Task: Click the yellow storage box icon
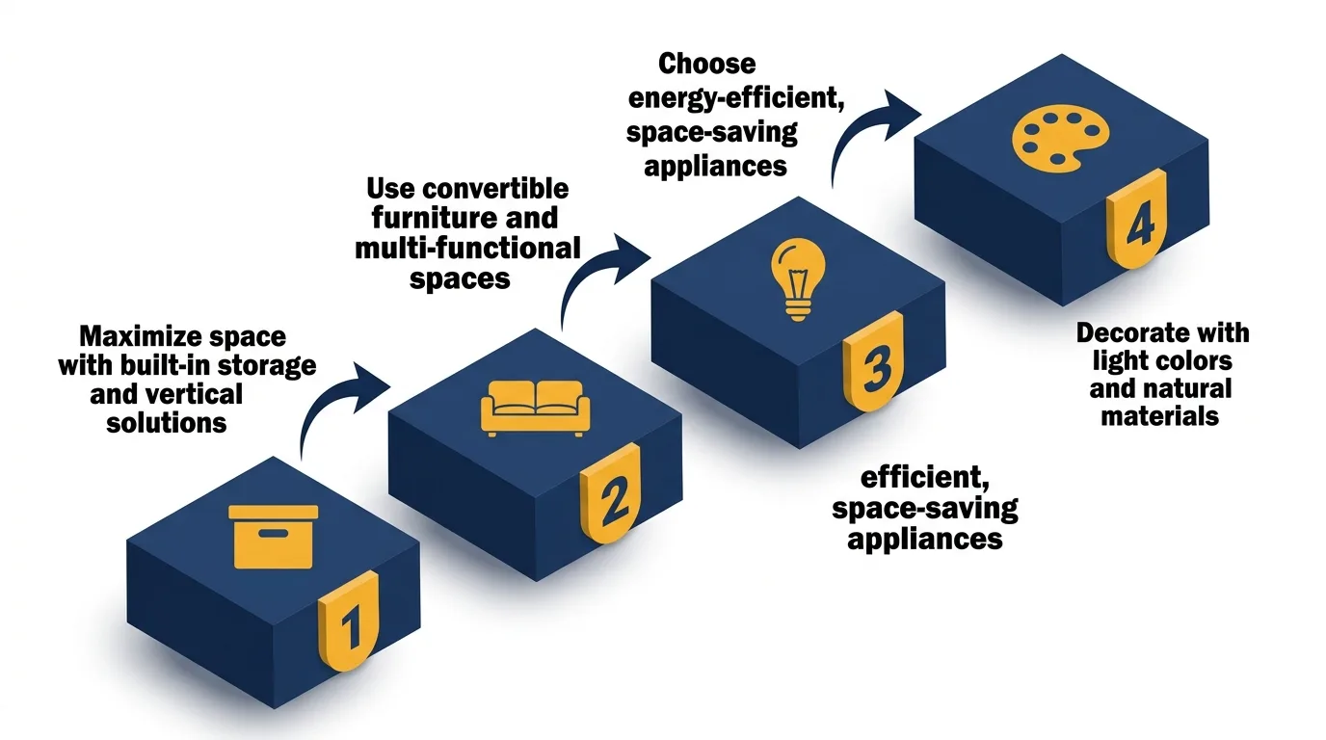[274, 536]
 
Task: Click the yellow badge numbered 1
[349, 625]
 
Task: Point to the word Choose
[707, 64]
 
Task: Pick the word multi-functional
[467, 248]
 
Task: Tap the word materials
[1160, 416]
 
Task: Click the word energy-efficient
[735, 98]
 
